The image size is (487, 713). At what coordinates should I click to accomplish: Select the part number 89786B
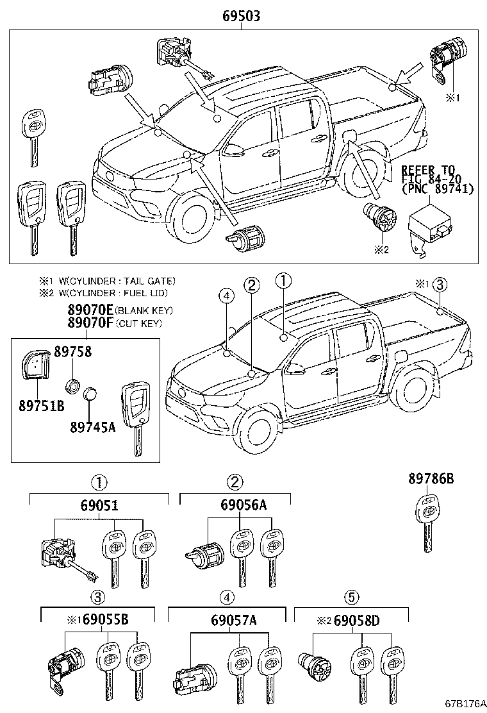pyautogui.click(x=431, y=478)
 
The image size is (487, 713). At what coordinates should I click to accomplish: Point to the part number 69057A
pyautogui.click(x=233, y=620)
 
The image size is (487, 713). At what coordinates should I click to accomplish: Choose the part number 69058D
pyautogui.click(x=356, y=620)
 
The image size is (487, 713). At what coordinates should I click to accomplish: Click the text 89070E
pyautogui.click(x=91, y=310)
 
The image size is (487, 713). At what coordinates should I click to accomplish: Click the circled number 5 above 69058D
pyautogui.click(x=351, y=597)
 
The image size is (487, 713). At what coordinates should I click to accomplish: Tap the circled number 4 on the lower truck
pyautogui.click(x=225, y=296)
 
